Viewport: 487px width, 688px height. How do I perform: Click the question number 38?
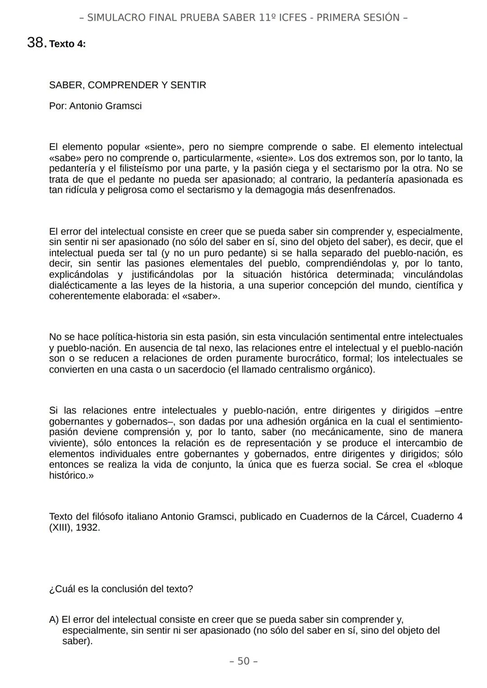[36, 43]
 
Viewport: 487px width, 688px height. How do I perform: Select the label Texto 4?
[67, 44]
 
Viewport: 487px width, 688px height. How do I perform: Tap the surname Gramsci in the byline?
[124, 106]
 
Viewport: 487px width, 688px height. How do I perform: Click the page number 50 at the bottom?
[243, 661]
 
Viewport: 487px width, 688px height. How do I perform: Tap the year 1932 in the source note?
[87, 527]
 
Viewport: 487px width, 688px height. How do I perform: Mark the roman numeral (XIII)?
[60, 527]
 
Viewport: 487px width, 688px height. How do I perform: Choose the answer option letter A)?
[54, 620]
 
